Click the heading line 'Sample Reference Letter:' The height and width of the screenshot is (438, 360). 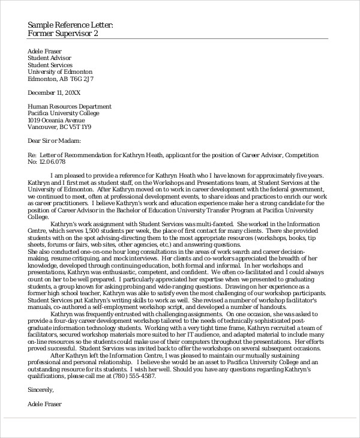click(x=70, y=24)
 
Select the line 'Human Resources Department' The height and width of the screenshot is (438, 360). click(x=69, y=106)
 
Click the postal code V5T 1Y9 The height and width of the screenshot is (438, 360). click(x=79, y=127)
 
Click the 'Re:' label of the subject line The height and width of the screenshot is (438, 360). click(x=32, y=154)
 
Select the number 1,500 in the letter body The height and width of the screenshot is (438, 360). click(x=90, y=230)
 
